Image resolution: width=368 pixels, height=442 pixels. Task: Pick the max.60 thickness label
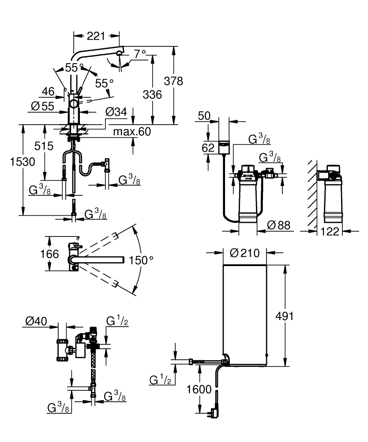[131, 131]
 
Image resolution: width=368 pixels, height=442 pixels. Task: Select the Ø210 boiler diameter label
[245, 253]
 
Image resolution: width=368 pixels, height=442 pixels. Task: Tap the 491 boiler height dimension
[284, 316]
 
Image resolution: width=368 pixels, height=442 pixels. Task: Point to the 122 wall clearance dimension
[330, 230]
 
